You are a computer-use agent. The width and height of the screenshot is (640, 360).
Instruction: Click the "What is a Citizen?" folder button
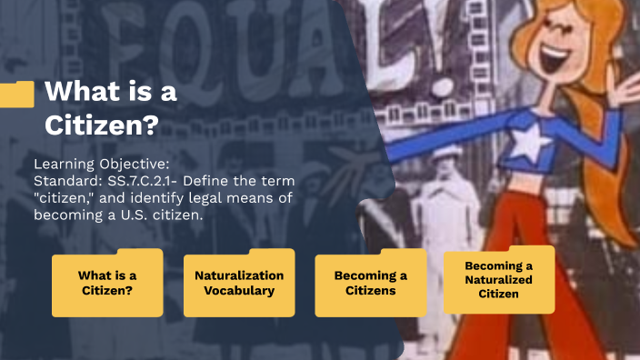click(107, 283)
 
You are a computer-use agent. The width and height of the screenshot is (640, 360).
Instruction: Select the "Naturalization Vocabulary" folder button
click(239, 283)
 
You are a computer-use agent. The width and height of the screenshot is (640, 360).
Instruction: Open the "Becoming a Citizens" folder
click(370, 283)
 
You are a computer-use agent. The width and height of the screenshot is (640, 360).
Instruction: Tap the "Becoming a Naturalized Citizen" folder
click(498, 279)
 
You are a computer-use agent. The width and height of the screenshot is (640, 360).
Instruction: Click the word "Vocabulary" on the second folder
click(239, 291)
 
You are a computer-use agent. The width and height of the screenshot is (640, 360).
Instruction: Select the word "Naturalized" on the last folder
click(498, 280)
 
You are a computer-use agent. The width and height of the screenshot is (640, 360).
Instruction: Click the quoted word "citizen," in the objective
click(63, 198)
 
